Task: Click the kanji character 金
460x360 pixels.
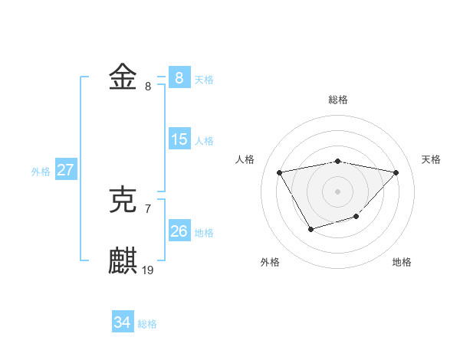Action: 123,78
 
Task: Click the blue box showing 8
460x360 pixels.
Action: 179,78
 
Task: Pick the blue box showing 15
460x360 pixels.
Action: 179,139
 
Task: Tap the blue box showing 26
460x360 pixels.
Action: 179,231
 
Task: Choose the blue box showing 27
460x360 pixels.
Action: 65,170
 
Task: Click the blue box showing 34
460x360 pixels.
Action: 123,323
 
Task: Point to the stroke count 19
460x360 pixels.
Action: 148,270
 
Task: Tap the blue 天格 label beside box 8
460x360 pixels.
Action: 204,80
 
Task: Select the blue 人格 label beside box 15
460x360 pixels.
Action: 204,141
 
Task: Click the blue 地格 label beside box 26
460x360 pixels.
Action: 204,233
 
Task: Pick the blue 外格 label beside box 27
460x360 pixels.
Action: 41,172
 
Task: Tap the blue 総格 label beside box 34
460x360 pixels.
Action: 147,325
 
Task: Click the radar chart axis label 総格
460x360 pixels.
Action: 338,100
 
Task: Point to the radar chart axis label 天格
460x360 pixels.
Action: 431,159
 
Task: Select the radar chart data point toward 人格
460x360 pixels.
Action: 280,172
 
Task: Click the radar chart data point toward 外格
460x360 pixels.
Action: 310,229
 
